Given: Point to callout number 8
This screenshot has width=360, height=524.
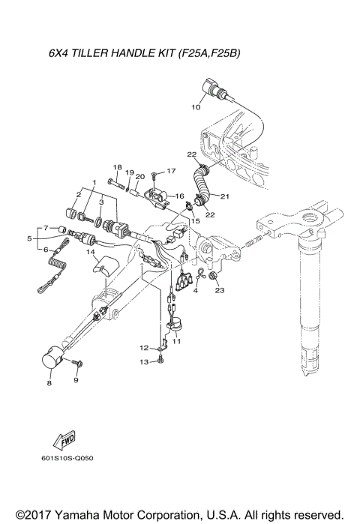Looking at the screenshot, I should click(x=49, y=383).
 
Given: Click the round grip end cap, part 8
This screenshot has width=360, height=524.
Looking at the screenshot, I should click(x=52, y=358).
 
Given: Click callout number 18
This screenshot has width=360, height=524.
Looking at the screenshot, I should click(x=117, y=166).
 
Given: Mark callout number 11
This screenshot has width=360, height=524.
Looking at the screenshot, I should click(x=177, y=340).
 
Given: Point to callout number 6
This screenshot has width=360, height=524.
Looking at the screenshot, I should click(x=45, y=250).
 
